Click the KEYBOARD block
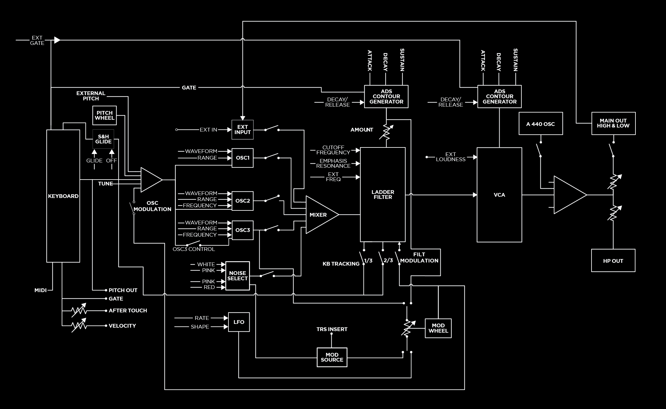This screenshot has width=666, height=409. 63,196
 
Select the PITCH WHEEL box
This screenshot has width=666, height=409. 104,115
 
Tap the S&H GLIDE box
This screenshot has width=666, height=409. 103,139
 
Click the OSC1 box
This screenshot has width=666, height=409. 242,158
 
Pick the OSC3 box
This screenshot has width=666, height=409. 242,230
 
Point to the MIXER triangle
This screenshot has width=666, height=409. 319,215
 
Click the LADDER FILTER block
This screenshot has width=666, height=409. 383,195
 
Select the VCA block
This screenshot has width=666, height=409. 499,195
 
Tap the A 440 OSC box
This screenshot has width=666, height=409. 540,124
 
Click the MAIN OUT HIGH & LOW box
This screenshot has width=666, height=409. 613,123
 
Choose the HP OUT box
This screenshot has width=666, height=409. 613,261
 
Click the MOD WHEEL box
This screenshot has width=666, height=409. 438,328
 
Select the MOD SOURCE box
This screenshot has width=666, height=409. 332,357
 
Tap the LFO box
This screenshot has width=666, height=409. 239,322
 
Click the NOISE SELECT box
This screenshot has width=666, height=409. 237,276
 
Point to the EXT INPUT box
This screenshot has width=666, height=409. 242,129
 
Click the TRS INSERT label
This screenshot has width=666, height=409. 332,329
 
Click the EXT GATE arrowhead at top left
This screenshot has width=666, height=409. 57,40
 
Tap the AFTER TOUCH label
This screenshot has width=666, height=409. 128,310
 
